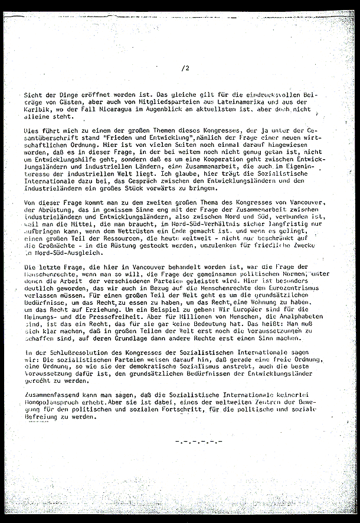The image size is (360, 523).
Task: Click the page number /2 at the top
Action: point(186,68)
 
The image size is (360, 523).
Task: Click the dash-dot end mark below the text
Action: point(198,441)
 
